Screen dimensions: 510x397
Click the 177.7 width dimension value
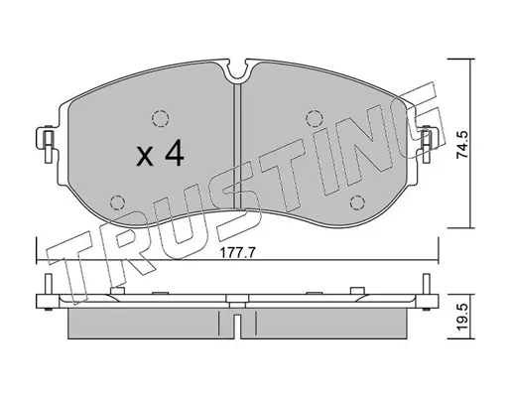[x=238, y=253]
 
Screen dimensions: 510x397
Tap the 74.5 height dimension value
[x=462, y=144]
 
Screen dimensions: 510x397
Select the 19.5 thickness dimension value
[x=462, y=317]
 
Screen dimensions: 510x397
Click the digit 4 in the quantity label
[x=174, y=153]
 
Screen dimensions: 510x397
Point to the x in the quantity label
[x=145, y=157]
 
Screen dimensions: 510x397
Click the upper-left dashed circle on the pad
[x=161, y=118]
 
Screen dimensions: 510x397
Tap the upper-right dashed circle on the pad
[x=315, y=118]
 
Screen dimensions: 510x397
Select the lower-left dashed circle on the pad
[x=117, y=202]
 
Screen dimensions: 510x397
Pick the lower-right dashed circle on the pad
[x=357, y=202]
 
